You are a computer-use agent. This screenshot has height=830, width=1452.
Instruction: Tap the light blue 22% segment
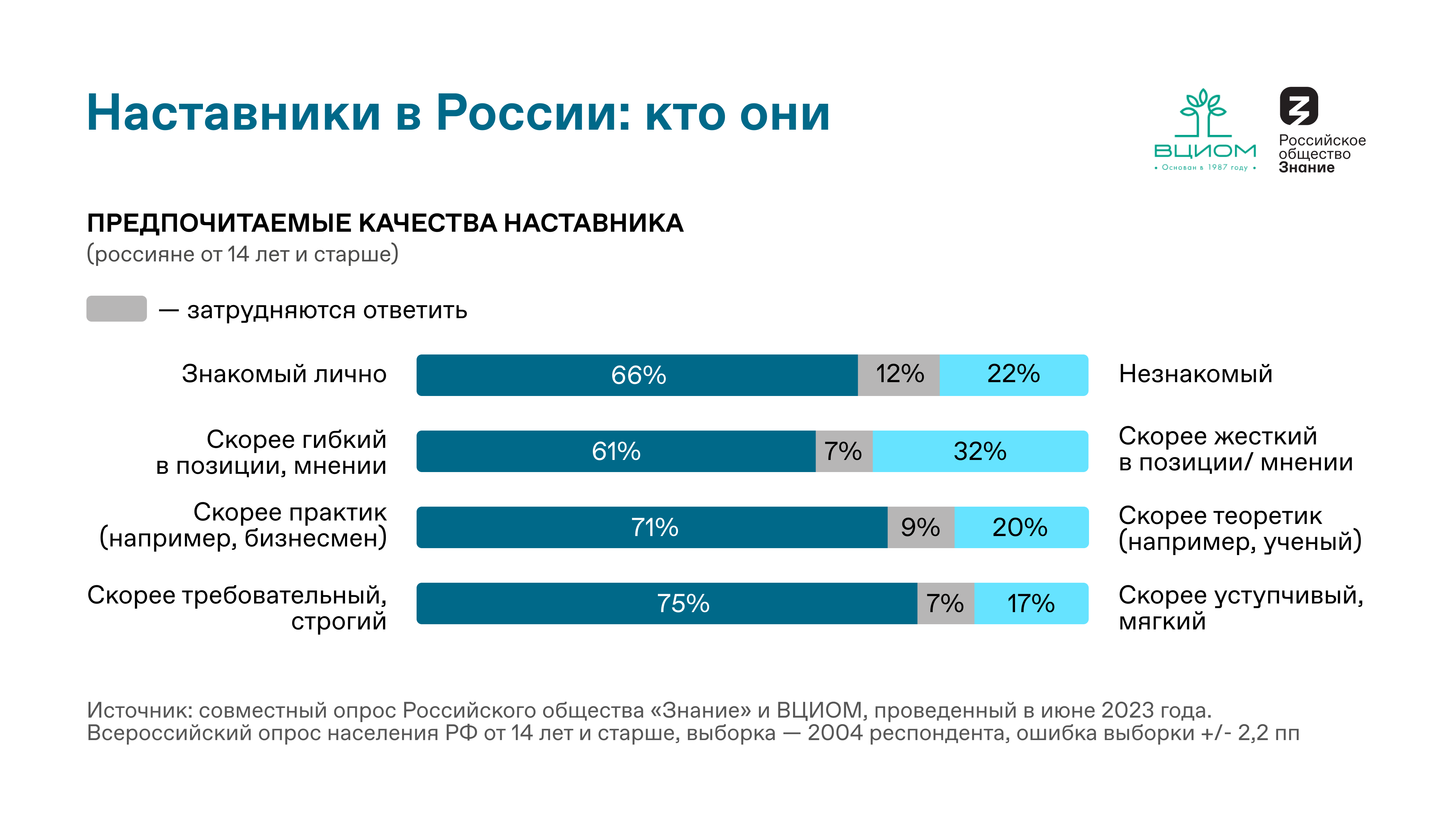tap(1013, 375)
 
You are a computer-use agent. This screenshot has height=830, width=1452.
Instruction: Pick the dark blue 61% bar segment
tap(615, 451)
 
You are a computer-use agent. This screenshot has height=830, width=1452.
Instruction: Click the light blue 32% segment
tap(980, 451)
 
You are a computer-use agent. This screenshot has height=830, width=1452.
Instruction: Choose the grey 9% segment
tap(920, 527)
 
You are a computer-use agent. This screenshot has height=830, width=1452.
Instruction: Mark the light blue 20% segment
tap(1020, 527)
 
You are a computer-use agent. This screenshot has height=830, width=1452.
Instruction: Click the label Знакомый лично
tap(284, 374)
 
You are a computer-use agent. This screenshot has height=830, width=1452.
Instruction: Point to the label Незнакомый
tap(1195, 374)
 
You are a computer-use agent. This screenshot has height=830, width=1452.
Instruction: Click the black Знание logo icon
tap(1299, 106)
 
